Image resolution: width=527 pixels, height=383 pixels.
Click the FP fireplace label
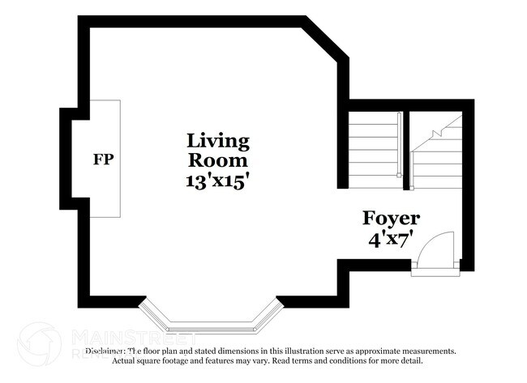click(x=103, y=159)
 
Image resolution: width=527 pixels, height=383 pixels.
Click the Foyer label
click(x=391, y=218)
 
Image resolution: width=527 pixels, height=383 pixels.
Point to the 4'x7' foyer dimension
click(x=391, y=240)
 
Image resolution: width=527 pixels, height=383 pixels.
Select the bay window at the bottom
click(x=211, y=317)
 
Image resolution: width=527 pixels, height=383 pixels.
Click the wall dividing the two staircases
click(x=406, y=150)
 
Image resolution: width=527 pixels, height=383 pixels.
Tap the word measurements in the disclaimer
click(x=424, y=351)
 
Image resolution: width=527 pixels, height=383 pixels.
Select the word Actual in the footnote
click(x=124, y=360)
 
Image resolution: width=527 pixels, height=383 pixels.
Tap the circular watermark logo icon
click(x=39, y=343)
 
